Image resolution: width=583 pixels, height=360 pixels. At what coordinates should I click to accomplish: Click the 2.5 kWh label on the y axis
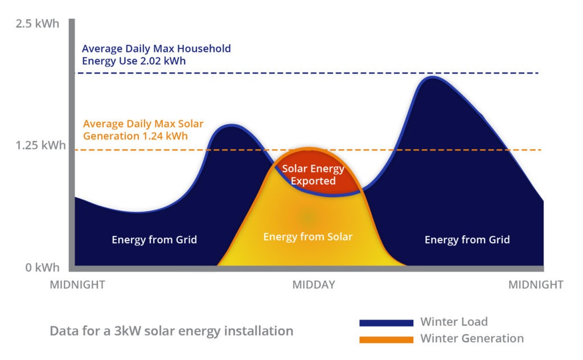coord(37,24)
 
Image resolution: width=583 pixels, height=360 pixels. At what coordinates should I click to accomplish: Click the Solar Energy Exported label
coord(313,175)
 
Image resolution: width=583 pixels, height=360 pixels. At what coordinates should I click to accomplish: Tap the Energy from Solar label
coord(307,236)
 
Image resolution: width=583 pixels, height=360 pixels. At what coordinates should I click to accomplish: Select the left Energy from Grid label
coord(154,240)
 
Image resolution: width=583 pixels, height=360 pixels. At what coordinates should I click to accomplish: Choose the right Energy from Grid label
coord(467,240)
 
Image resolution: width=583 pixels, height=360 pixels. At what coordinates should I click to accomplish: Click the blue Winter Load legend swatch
coord(386,323)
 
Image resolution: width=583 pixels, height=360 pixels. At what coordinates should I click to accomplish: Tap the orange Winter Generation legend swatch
coord(386,339)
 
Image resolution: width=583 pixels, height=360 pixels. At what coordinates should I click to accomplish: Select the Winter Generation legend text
coord(471,338)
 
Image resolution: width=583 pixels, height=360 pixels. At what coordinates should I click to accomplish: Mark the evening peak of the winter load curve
coord(433,77)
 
